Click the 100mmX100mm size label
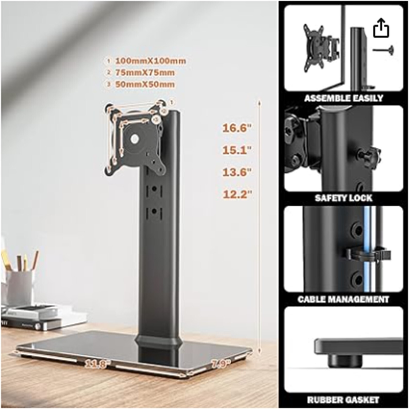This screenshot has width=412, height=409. [151, 61]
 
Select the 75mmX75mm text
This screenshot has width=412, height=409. [145, 73]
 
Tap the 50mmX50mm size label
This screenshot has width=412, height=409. [145, 84]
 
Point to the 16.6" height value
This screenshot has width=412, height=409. [237, 128]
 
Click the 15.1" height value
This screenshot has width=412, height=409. [237, 150]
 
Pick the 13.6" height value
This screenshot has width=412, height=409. [237, 172]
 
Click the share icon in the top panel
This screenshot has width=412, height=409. [381, 28]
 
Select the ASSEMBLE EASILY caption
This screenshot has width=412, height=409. [344, 98]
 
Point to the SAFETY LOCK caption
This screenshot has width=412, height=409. [344, 198]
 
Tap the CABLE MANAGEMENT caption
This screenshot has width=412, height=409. [343, 299]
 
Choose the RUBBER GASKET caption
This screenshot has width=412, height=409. [343, 400]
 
